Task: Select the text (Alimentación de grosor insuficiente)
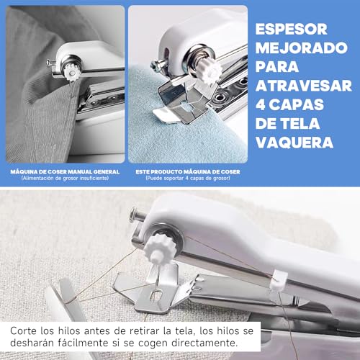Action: click(x=65, y=179)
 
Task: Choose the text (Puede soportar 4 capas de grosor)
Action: click(x=187, y=179)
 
